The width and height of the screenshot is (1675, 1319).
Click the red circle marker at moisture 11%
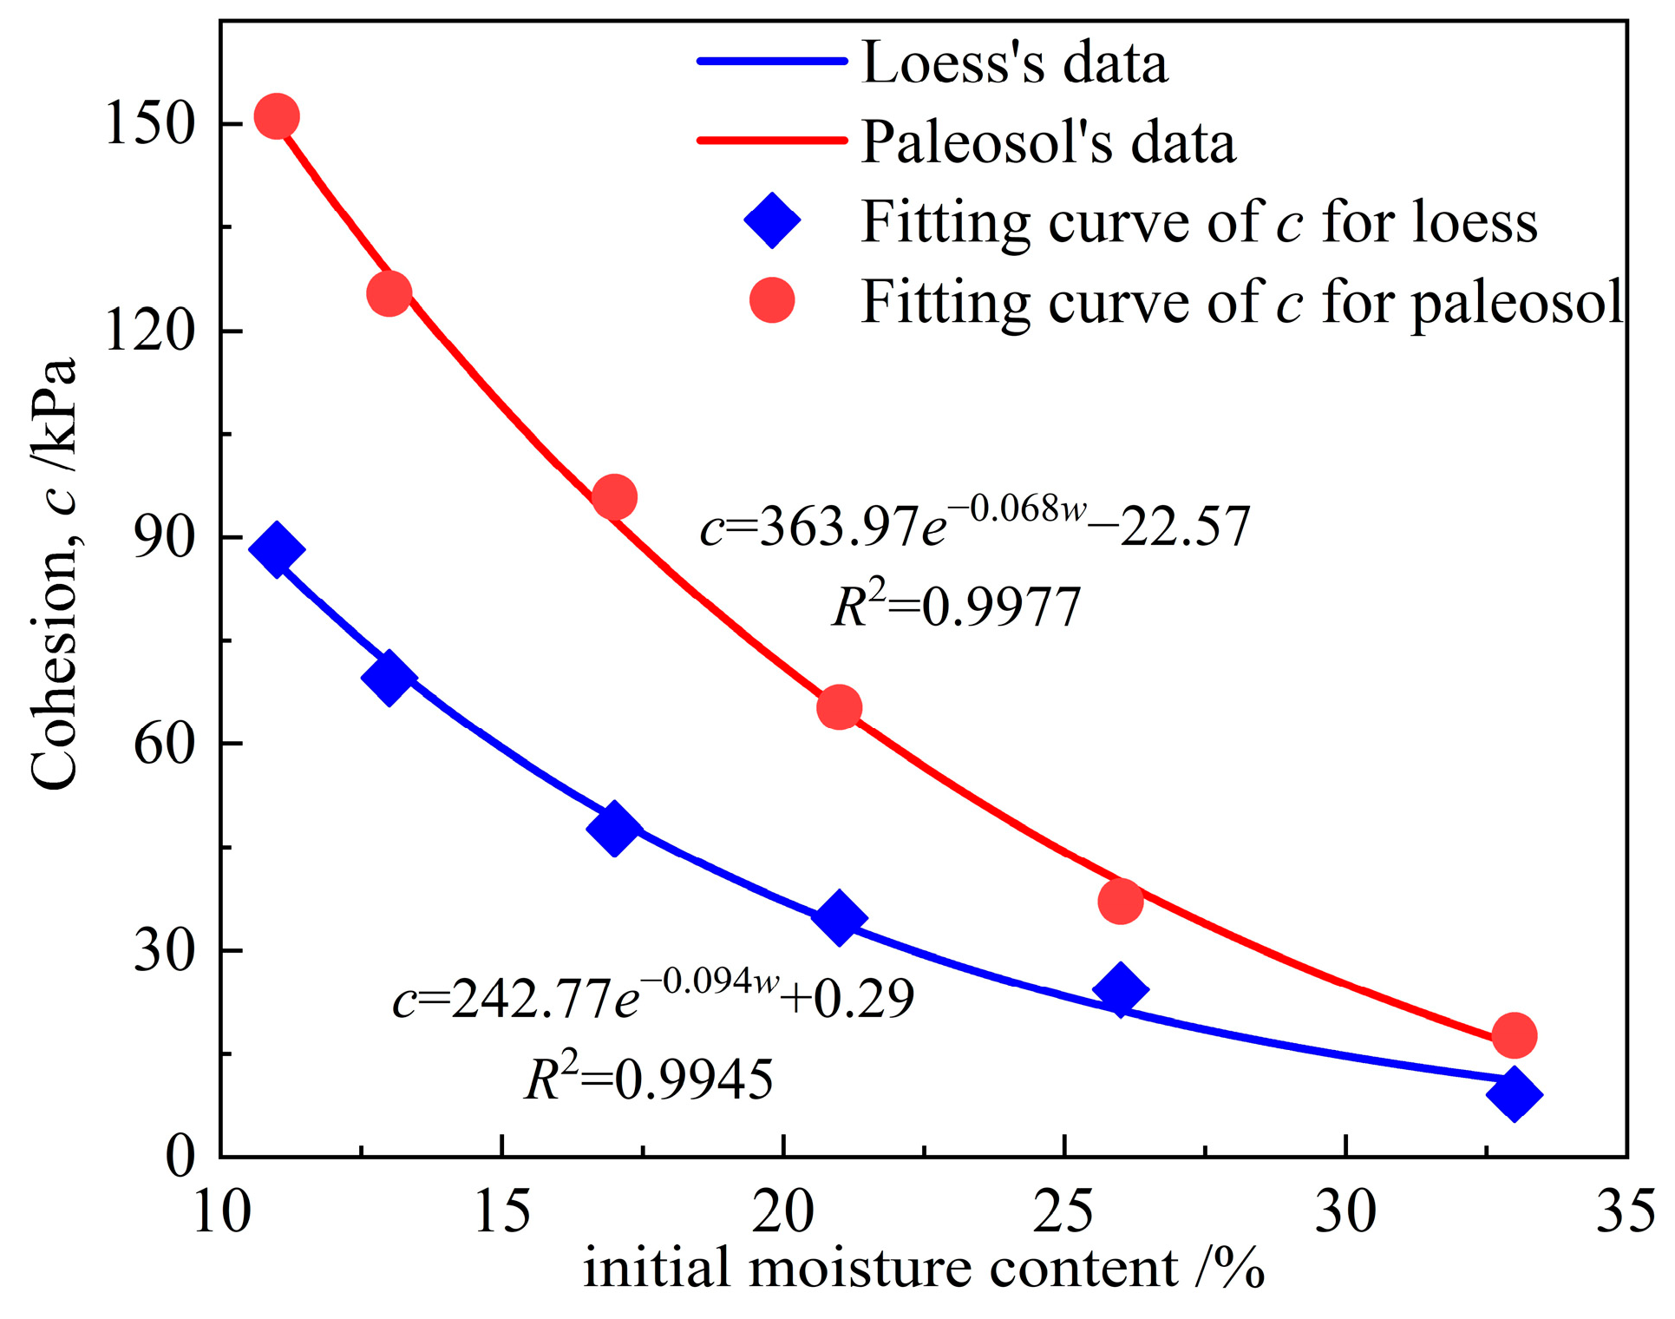277,116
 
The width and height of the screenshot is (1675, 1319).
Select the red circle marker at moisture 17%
615,497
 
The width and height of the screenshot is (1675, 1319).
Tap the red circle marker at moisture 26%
1120,902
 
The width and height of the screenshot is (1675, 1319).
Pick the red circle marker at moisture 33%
1515,1035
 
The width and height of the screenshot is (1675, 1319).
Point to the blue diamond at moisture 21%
839,917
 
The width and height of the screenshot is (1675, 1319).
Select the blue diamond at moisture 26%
1120,988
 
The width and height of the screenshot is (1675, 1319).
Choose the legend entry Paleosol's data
1048,141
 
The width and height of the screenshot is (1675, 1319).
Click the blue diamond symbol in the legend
771,220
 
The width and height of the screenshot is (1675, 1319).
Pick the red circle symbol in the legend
771,300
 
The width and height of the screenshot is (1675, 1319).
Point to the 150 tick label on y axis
147,123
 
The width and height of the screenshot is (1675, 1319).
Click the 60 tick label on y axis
162,744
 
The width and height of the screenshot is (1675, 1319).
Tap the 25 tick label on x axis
1063,1211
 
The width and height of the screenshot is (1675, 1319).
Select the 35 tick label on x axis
1625,1211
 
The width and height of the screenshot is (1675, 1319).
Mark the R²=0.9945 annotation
649,1080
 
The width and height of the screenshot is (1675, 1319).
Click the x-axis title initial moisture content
923,1269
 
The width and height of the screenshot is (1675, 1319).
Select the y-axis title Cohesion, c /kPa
54,573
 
